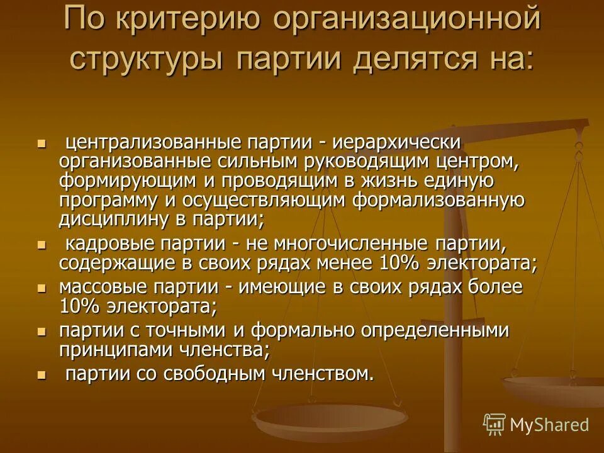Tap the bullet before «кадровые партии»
[x=42, y=244]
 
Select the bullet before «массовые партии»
[x=42, y=288]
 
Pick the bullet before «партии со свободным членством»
[x=42, y=375]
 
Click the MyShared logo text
[x=549, y=425]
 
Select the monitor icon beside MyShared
[x=495, y=424]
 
